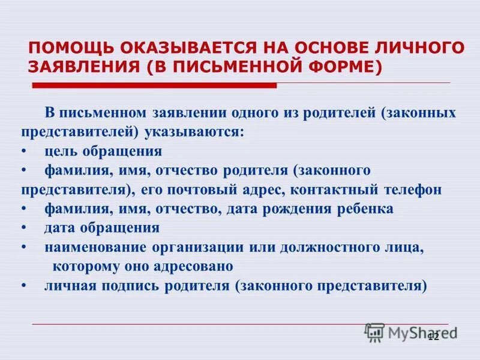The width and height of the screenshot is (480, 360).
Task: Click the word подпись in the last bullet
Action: [x=128, y=286]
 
